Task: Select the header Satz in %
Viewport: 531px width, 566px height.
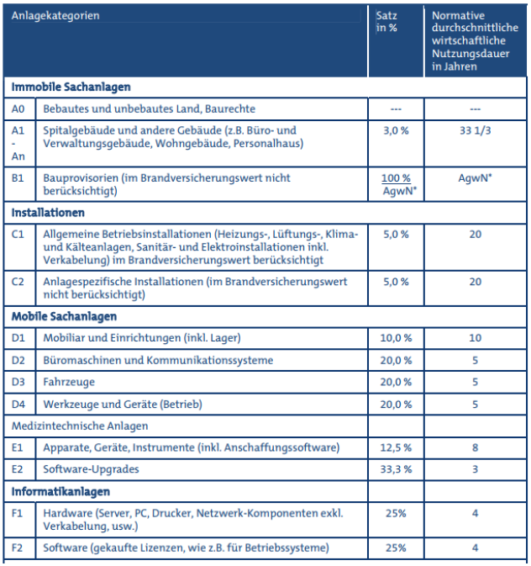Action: [x=386, y=23]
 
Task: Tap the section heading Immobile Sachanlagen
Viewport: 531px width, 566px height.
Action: [x=71, y=87]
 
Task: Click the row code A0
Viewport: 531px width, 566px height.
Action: [x=18, y=109]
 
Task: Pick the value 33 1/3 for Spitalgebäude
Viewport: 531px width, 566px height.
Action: [x=475, y=131]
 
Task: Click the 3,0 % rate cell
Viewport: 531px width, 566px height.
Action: [x=396, y=131]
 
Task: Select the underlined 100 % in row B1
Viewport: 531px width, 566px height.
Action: [x=396, y=178]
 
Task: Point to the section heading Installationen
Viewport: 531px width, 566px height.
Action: [x=48, y=213]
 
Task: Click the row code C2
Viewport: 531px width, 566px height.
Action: [x=18, y=283]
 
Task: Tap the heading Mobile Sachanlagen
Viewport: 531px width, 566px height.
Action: [x=64, y=317]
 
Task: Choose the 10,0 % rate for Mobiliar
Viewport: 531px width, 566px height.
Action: [x=396, y=338]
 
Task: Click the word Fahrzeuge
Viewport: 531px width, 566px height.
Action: [x=68, y=382]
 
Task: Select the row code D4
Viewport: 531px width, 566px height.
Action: [x=18, y=405]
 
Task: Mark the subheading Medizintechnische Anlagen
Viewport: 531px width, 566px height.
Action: [x=80, y=426]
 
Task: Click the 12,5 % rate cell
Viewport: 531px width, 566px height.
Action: [x=396, y=447]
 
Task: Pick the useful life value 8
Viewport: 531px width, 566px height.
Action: [x=475, y=447]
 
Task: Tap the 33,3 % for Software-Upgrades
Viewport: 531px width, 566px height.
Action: [x=396, y=469]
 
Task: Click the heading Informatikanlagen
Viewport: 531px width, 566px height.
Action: [x=60, y=491]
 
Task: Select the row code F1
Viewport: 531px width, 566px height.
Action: [x=18, y=512]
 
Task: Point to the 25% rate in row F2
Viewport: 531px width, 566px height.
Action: [x=396, y=548]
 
